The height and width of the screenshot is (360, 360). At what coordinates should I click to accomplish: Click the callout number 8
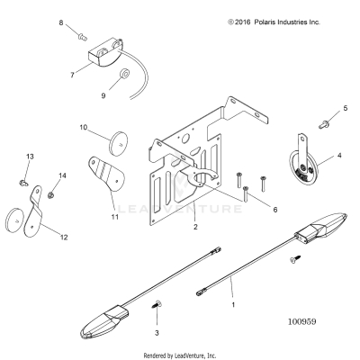[x=61, y=22]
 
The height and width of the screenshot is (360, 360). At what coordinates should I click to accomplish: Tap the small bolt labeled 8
[x=83, y=37]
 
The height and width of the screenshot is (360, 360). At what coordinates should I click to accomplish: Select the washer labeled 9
[x=123, y=74]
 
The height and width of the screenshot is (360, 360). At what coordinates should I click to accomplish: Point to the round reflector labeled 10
[x=119, y=143]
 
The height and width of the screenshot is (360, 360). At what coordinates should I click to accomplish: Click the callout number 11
[x=115, y=217]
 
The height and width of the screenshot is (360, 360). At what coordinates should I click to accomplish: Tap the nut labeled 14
[x=50, y=195]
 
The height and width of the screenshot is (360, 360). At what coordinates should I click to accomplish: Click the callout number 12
[x=64, y=238]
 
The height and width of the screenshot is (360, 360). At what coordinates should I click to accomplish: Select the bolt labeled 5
[x=323, y=123]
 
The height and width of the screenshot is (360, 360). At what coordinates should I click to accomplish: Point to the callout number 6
[x=275, y=210]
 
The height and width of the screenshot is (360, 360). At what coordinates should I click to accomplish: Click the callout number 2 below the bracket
[x=195, y=227]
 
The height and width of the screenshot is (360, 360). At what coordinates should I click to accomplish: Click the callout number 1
[x=233, y=305]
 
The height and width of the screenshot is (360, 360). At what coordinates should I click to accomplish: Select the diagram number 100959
[x=302, y=322]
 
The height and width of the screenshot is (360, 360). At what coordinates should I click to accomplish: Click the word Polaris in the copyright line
[x=265, y=22]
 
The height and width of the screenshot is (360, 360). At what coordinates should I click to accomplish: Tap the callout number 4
[x=339, y=156]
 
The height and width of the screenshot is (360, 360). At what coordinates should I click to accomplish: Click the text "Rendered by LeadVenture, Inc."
[x=180, y=355]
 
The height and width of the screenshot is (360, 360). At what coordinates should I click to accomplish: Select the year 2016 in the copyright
[x=243, y=22]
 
